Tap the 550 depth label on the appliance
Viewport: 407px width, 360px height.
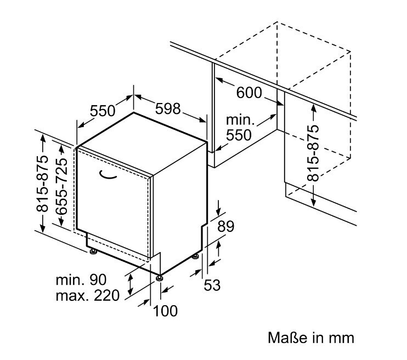pyautogui.click(x=102, y=111)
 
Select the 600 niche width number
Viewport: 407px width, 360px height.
pyautogui.click(x=249, y=93)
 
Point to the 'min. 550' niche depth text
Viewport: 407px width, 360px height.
pyautogui.click(x=239, y=128)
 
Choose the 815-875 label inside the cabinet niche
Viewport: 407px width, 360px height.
pyautogui.click(x=313, y=153)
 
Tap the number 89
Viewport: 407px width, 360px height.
pyautogui.click(x=225, y=226)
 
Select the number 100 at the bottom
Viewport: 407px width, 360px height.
pyautogui.click(x=165, y=311)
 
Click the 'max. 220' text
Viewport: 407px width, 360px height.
pyautogui.click(x=87, y=296)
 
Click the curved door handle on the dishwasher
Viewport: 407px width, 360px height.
pyautogui.click(x=109, y=175)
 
